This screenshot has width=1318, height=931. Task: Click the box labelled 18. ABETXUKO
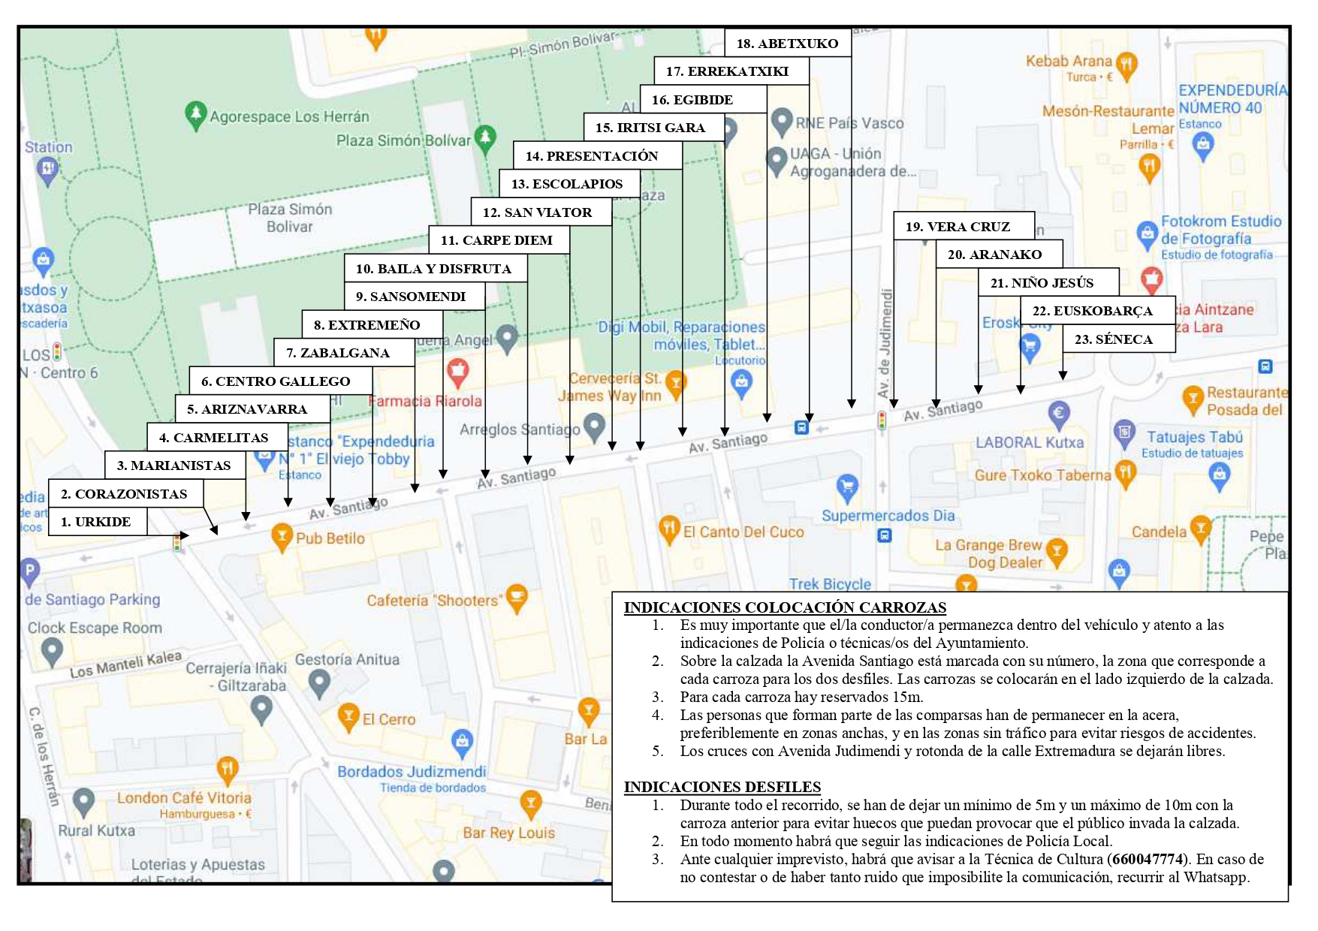point(787,43)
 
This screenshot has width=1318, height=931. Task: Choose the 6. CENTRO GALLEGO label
point(280,381)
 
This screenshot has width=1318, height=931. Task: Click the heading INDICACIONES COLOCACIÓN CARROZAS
point(785,607)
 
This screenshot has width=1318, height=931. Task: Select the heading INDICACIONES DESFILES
point(722,787)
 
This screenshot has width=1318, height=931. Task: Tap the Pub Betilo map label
point(330,538)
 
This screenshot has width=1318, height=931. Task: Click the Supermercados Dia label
point(888,516)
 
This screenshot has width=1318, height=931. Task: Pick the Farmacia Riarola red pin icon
point(457,370)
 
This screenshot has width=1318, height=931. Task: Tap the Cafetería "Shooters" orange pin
point(517,598)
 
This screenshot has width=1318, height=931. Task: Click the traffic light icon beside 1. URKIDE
point(177,542)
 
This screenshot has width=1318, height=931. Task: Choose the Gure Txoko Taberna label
point(1042,475)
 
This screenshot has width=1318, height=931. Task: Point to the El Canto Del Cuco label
point(743,532)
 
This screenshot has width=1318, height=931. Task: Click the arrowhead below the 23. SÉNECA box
point(1063,375)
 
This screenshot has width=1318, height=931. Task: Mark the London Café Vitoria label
point(184,798)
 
